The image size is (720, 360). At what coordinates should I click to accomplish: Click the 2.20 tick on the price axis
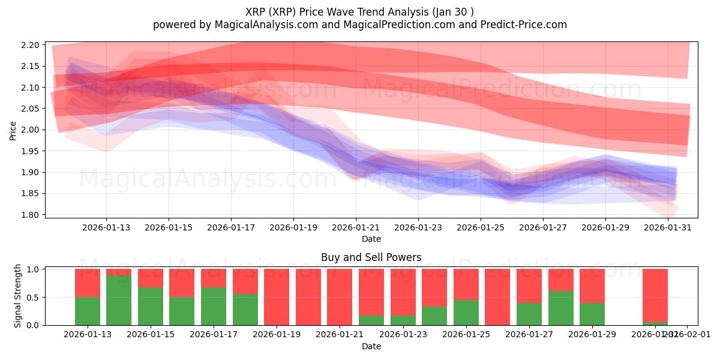pos(31,45)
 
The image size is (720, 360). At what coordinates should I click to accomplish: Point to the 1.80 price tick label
pos(31,215)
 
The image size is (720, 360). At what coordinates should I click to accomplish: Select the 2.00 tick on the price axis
pos(31,130)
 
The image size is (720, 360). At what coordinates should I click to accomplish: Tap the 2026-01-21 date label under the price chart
pos(356,227)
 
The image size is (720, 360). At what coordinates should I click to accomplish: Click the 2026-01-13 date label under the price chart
pos(106,227)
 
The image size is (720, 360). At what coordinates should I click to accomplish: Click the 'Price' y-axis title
pos(13,130)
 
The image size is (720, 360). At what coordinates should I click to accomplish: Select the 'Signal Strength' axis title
pos(18,296)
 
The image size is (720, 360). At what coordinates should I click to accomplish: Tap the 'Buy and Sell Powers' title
pos(371,257)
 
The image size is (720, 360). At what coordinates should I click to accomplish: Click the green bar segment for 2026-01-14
pos(119,300)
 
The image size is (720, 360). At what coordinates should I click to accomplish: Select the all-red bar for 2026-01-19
pos(277,297)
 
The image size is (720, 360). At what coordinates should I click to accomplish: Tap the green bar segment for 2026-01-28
pos(561,308)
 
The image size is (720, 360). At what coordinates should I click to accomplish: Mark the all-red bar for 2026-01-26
pos(497,297)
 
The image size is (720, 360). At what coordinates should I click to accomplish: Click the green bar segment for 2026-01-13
pos(88,311)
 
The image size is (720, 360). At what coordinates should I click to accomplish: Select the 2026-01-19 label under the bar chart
pos(277,334)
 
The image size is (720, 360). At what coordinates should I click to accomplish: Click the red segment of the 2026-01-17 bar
pos(214,278)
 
